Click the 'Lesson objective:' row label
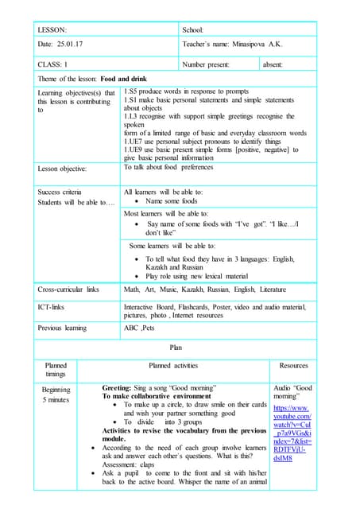[x=63, y=169]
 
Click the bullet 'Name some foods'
[x=170, y=202]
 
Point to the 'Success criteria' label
[x=60, y=192]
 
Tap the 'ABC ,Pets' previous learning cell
[x=141, y=327]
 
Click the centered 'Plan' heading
[x=176, y=348]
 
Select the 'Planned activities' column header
[x=173, y=366]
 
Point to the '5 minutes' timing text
[x=56, y=400]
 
